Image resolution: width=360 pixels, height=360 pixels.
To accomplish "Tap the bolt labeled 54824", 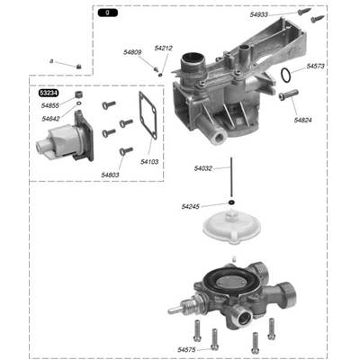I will pyautogui.click(x=288, y=95).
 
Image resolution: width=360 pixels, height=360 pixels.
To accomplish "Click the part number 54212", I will pyautogui.click(x=163, y=48).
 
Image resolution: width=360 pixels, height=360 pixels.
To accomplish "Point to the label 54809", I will pyautogui.click(x=132, y=52).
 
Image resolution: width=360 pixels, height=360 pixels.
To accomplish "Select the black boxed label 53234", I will pyautogui.click(x=49, y=93).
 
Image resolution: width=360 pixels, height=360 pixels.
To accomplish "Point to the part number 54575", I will pyautogui.click(x=187, y=349).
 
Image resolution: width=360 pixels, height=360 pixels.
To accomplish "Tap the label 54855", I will pyautogui.click(x=49, y=105).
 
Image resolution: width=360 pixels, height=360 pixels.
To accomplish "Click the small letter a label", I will pyautogui.click(x=52, y=60).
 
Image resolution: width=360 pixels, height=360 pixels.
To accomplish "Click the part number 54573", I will pyautogui.click(x=316, y=66).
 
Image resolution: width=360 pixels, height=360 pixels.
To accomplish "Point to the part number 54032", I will pyautogui.click(x=203, y=168).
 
